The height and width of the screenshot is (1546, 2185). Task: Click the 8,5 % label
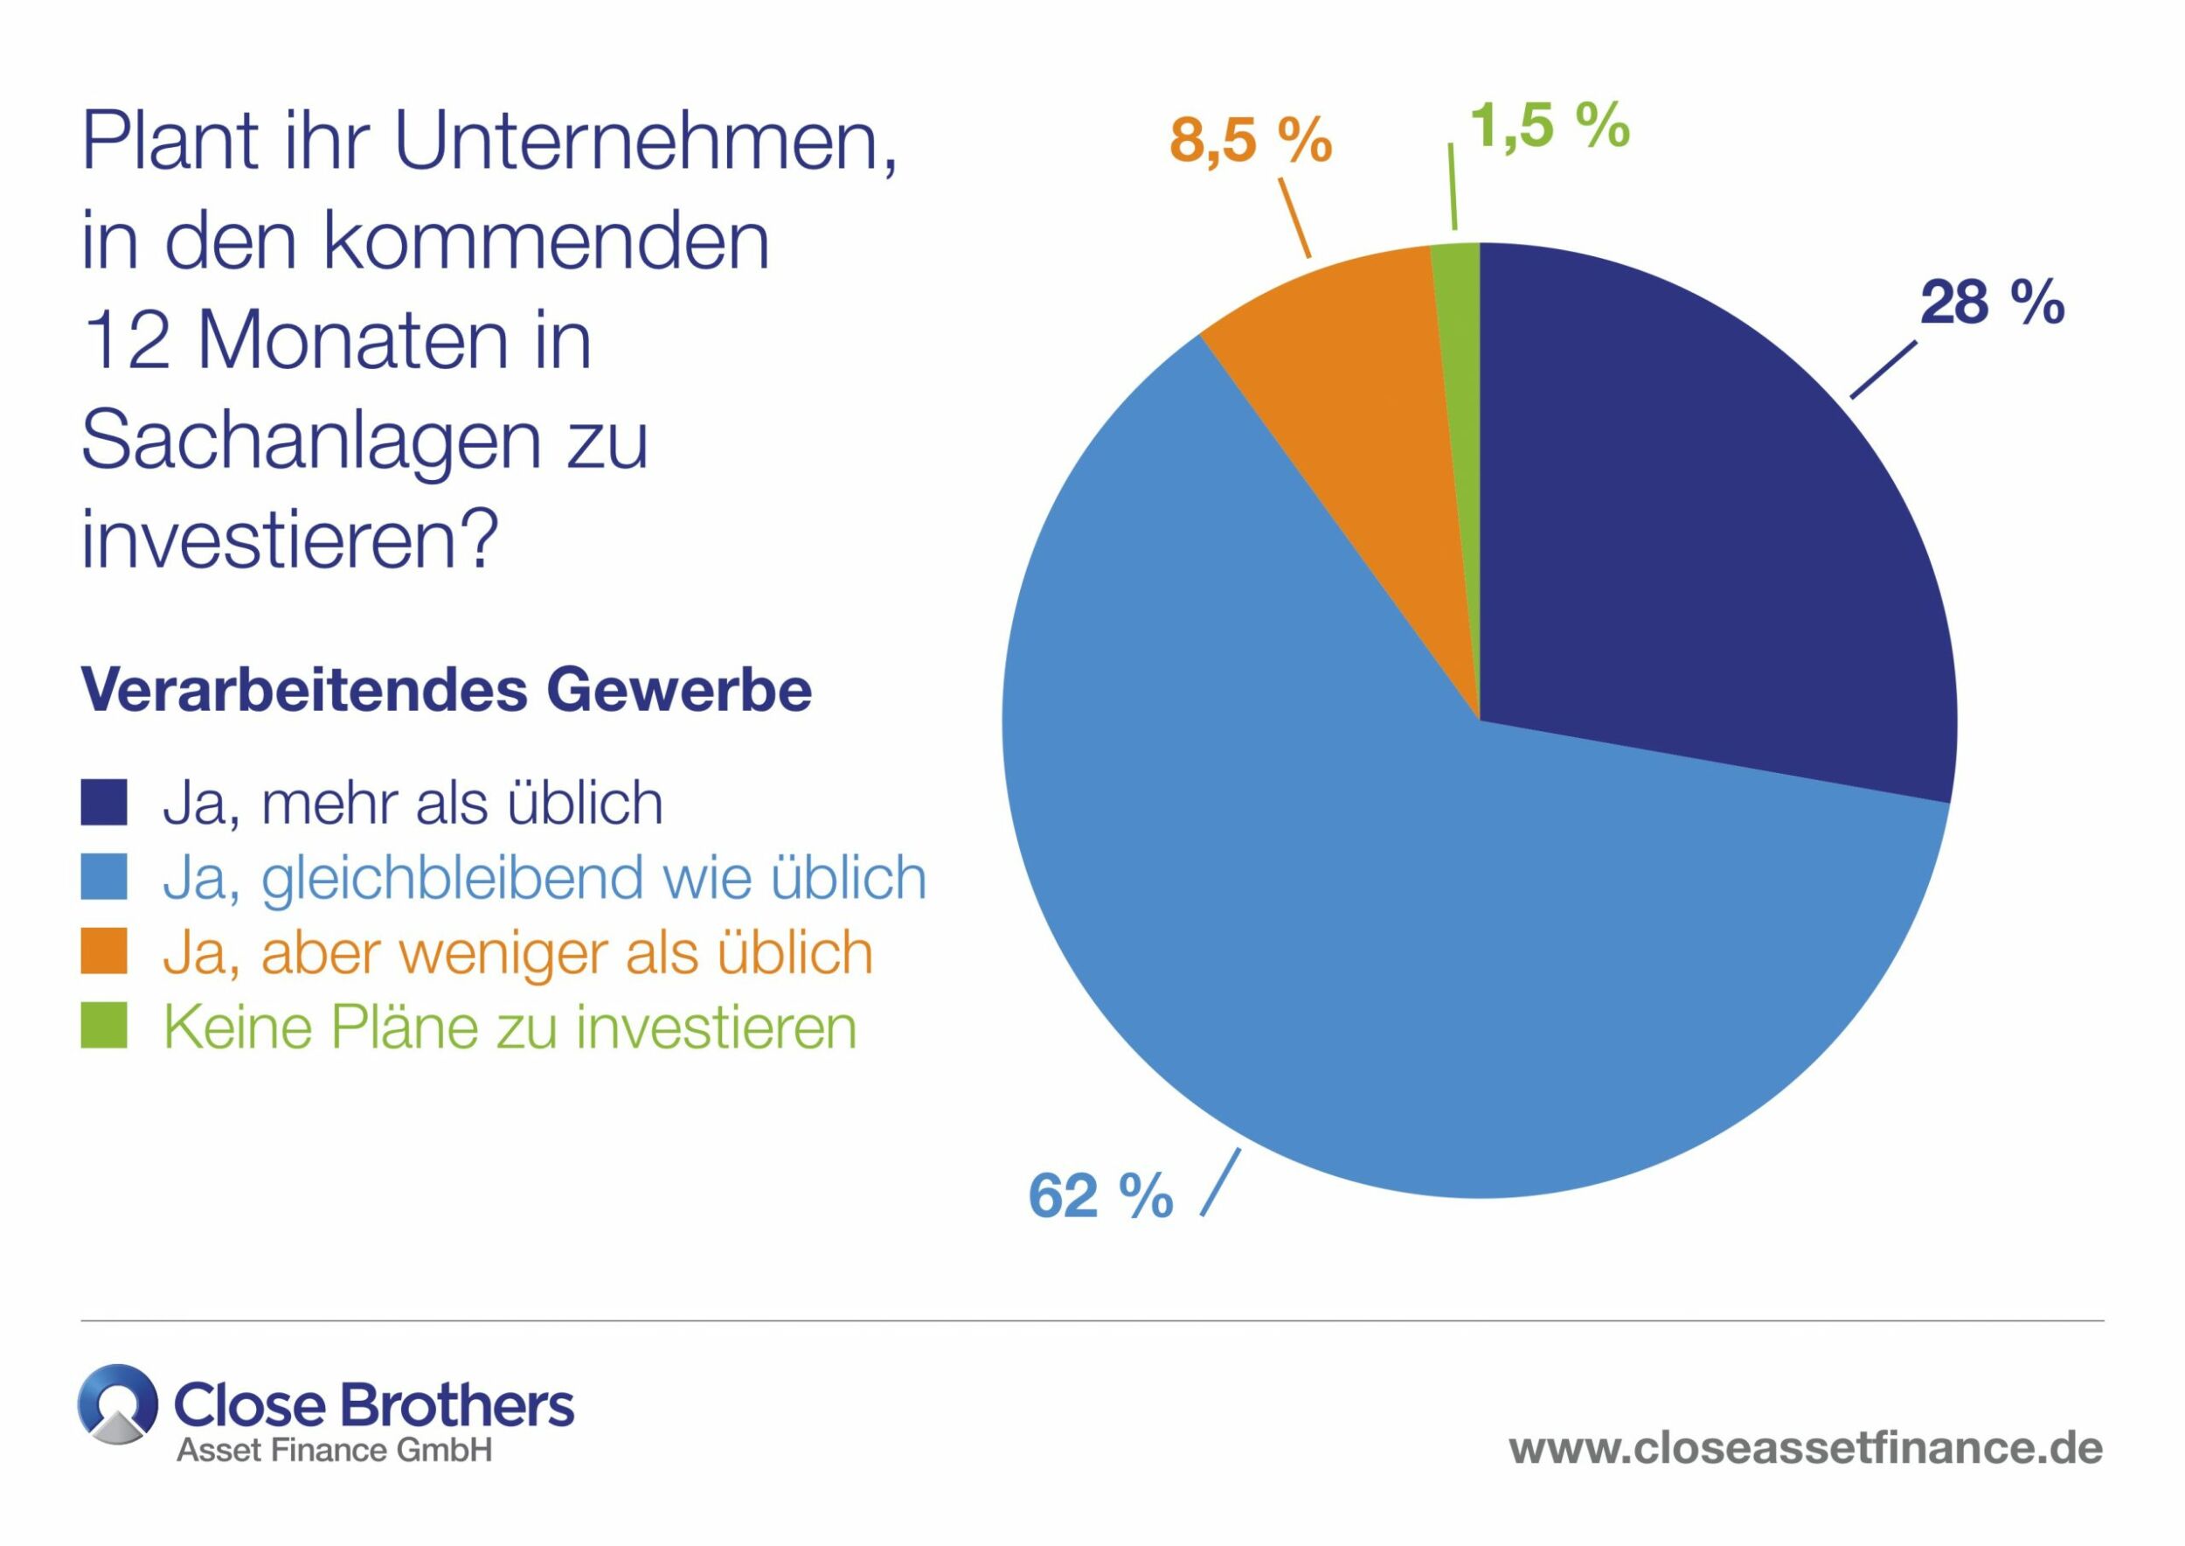[x=1250, y=141]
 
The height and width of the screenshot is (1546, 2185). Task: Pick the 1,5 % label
[x=1549, y=126]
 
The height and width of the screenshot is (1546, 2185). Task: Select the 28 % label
[x=1992, y=303]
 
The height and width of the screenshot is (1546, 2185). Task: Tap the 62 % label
[x=1100, y=1195]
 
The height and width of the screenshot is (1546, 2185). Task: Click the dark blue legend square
[x=104, y=803]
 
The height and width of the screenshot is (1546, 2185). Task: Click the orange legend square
[x=104, y=952]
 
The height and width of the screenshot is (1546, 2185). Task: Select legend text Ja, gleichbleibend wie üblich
[x=545, y=878]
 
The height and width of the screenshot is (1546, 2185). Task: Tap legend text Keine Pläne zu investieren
[x=510, y=1027]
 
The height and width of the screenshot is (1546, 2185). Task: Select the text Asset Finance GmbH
[x=334, y=1450]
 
